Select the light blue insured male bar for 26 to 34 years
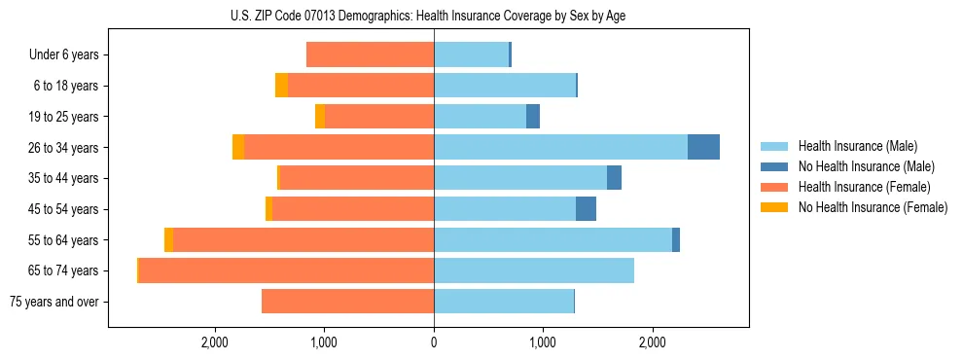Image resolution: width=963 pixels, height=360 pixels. (x=560, y=147)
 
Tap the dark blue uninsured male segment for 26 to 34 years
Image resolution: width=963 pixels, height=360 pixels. (x=703, y=147)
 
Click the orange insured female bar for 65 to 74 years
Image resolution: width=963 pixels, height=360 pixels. (x=286, y=270)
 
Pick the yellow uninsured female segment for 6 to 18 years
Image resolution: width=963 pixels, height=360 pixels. (x=281, y=86)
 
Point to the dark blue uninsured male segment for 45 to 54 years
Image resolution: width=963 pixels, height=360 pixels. (x=586, y=209)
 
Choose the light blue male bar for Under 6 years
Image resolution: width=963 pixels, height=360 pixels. (x=471, y=54)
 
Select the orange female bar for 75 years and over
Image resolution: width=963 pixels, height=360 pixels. (x=347, y=302)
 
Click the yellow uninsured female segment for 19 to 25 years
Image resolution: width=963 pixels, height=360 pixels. (x=320, y=117)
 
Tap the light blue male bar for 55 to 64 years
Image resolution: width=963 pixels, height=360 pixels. (x=553, y=239)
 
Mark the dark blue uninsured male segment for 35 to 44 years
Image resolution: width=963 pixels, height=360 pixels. (x=614, y=178)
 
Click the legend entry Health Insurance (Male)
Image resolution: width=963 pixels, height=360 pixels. (x=857, y=146)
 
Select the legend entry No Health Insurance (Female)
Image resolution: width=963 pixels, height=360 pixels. (x=872, y=207)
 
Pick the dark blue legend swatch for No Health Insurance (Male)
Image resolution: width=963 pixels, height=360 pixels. (x=774, y=166)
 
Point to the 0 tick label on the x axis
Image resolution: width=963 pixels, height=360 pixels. (x=434, y=342)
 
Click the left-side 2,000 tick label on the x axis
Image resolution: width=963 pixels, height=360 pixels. (x=214, y=342)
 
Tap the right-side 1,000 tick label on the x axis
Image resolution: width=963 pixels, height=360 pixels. (x=543, y=342)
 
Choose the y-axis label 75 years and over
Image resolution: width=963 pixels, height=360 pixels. (x=53, y=302)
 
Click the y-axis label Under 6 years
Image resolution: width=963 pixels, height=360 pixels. (x=64, y=54)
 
